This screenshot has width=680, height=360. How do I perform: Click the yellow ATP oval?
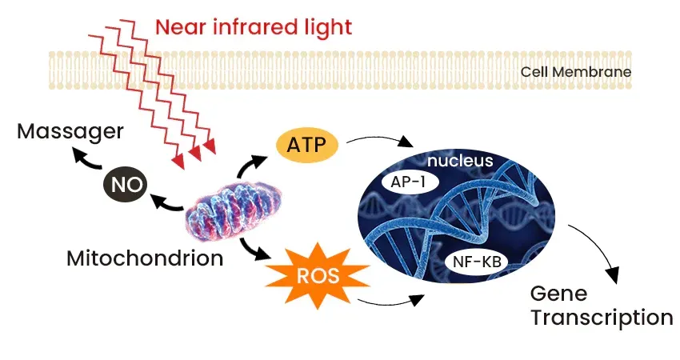coord(307,145)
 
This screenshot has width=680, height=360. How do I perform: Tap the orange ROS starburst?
coord(318,275)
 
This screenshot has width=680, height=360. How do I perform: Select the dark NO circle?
coord(126,185)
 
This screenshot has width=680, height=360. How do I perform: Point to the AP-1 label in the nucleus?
coord(408,182)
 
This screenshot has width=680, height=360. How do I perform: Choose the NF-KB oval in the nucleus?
coord(477,262)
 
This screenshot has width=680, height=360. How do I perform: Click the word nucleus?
coord(460,161)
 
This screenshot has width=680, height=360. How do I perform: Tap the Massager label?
coord(70,132)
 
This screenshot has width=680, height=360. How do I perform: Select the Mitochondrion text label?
coord(145,258)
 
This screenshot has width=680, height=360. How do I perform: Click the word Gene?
coord(558,294)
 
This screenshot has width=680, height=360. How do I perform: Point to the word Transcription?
coord(602,318)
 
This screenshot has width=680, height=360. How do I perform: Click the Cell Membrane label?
coord(576,71)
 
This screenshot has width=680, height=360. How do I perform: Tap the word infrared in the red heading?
coord(250,27)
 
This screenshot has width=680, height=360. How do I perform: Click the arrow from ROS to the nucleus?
coord(391,302)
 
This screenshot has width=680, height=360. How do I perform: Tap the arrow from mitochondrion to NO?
coord(166,204)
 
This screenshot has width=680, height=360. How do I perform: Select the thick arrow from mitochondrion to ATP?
coord(250,166)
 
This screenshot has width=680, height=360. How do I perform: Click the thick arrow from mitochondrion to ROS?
coord(253,250)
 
